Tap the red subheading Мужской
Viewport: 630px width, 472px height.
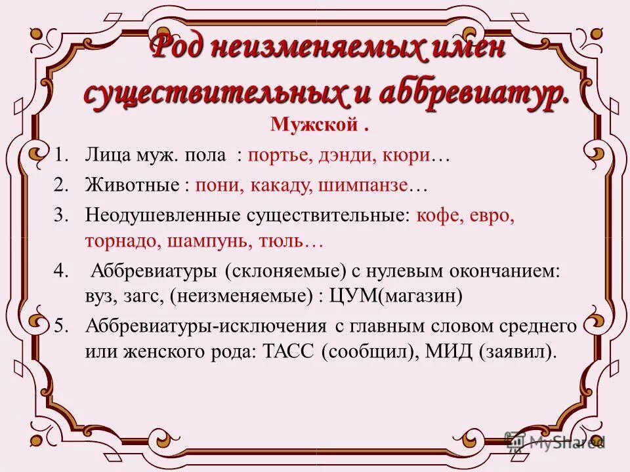(313, 125)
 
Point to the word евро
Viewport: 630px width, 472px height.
(493, 216)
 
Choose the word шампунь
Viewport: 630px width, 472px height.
(205, 241)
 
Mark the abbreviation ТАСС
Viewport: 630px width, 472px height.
(290, 351)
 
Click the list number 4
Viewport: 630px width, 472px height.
(61, 271)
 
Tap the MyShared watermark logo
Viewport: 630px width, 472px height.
(555, 441)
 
